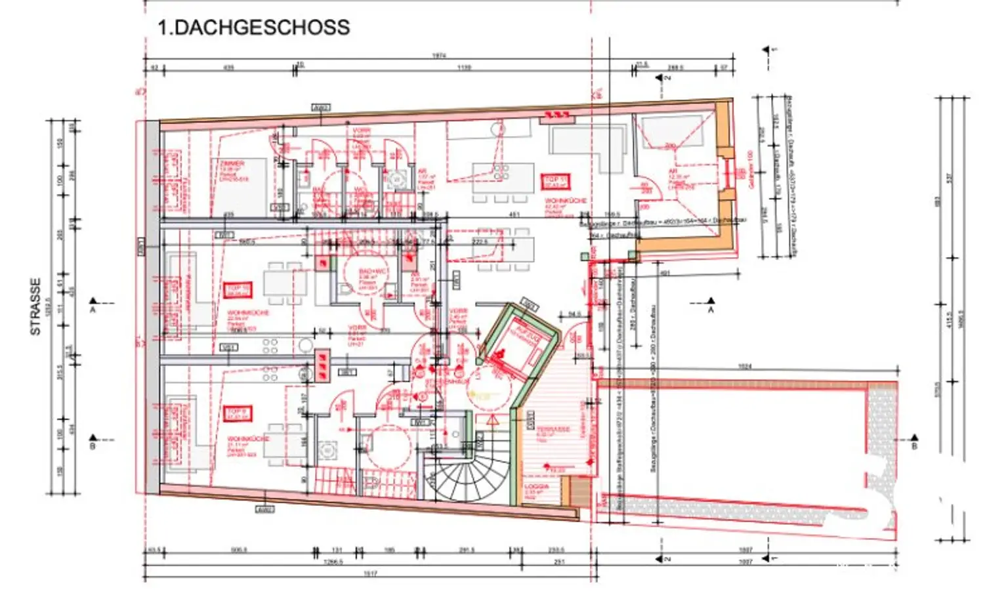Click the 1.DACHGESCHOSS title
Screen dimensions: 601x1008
(253, 28)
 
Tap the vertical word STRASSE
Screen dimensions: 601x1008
(35, 306)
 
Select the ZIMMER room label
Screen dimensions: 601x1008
(232, 163)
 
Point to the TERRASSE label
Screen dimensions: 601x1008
(553, 430)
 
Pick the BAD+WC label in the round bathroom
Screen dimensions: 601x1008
(374, 271)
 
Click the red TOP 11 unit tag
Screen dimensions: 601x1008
(555, 181)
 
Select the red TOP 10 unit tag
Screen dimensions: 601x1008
(237, 290)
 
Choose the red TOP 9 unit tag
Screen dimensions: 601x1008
(237, 413)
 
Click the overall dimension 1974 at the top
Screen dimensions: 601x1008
(439, 56)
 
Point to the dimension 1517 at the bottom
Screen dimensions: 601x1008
(370, 574)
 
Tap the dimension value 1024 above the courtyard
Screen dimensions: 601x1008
(744, 367)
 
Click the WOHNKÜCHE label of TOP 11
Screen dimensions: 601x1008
(566, 201)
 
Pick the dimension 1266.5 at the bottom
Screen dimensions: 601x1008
(333, 562)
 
